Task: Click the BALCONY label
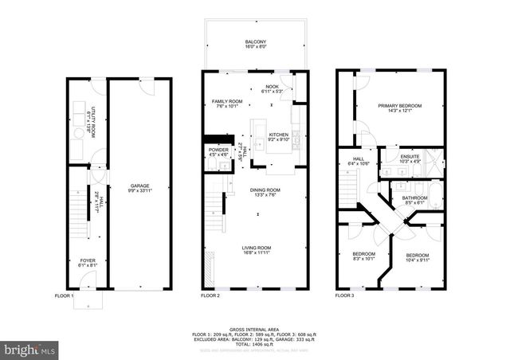(255, 42)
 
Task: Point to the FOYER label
(86, 260)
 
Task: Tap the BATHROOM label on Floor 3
(414, 198)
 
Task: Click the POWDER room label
(218, 150)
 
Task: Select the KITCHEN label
(277, 135)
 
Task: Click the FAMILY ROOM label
(227, 102)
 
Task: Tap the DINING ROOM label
(265, 190)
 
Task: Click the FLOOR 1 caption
(64, 295)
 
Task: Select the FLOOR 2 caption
(210, 295)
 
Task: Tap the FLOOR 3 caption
(345, 295)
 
